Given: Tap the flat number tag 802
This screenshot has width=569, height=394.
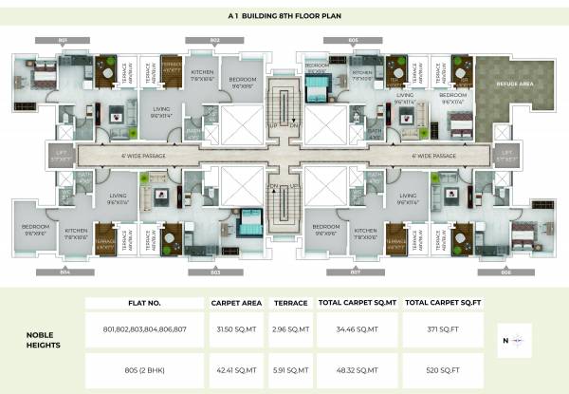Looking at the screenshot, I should (x=214, y=40).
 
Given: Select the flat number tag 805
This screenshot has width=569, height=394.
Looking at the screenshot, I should (x=353, y=40).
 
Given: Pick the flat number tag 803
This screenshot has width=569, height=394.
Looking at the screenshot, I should (x=214, y=272).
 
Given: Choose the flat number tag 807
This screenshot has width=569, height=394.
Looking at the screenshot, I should (x=353, y=272).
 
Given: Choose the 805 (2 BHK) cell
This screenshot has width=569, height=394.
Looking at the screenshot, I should (x=145, y=368).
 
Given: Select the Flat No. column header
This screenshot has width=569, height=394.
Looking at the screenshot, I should (x=145, y=303).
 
